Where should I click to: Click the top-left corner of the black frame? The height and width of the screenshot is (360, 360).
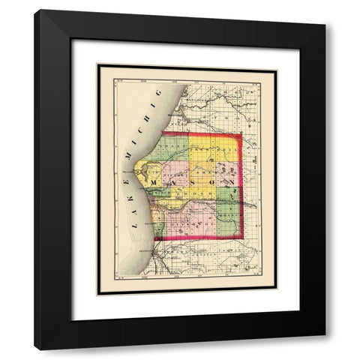pyautogui.click(x=35, y=10)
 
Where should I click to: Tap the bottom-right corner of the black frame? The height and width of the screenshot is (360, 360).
pyautogui.click(x=325, y=349)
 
